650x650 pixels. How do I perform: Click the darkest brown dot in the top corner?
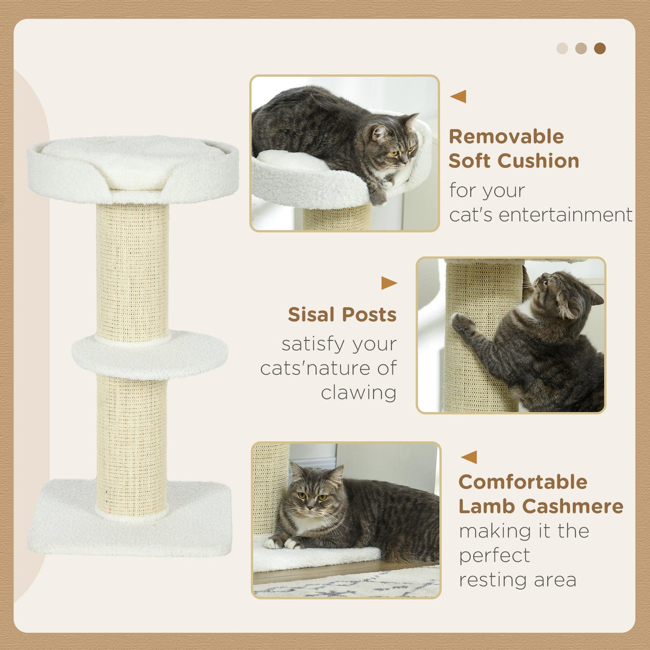[600, 49]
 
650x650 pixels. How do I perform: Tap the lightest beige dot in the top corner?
[562, 49]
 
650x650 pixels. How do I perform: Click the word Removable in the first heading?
[506, 137]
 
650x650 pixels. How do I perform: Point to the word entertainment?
[541, 215]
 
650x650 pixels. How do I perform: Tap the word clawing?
[359, 392]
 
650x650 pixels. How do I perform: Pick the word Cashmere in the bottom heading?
[573, 506]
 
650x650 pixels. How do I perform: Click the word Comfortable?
[523, 482]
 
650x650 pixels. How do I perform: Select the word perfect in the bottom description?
[494, 555]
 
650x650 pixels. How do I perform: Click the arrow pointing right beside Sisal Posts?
[389, 283]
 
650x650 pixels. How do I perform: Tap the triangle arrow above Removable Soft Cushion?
[458, 96]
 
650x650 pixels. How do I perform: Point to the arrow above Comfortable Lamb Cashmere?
[469, 457]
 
